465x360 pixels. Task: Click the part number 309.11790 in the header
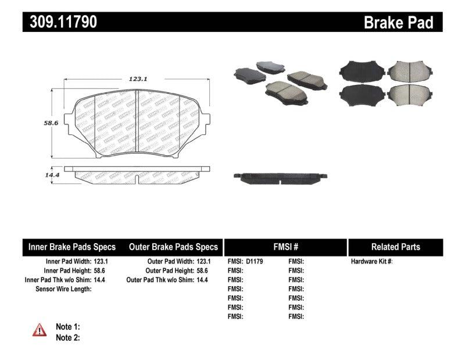click(60, 22)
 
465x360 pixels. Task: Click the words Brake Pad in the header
click(398, 23)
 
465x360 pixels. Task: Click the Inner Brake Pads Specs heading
click(72, 247)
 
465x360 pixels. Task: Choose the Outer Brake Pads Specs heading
click(173, 247)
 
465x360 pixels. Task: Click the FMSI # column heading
click(285, 247)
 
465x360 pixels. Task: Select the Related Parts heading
click(395, 247)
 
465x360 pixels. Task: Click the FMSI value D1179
click(255, 262)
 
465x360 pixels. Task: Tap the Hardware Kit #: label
click(372, 262)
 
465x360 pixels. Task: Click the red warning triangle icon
click(39, 331)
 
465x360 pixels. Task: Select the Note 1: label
click(67, 327)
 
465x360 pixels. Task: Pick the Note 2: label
click(67, 337)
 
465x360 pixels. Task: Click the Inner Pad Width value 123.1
click(102, 262)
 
